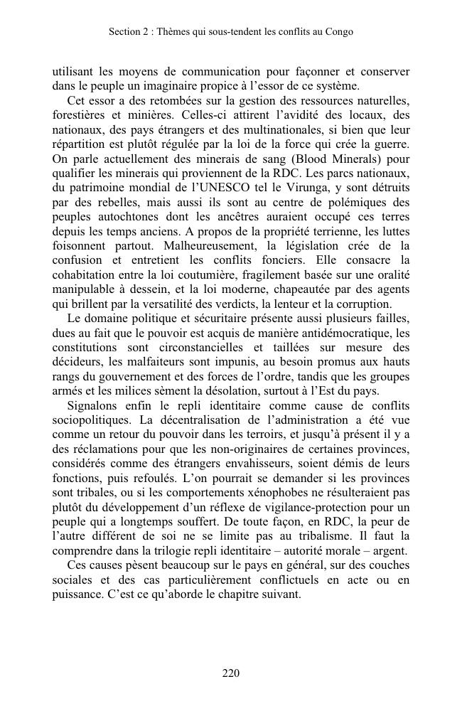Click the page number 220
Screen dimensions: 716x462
[230, 673]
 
